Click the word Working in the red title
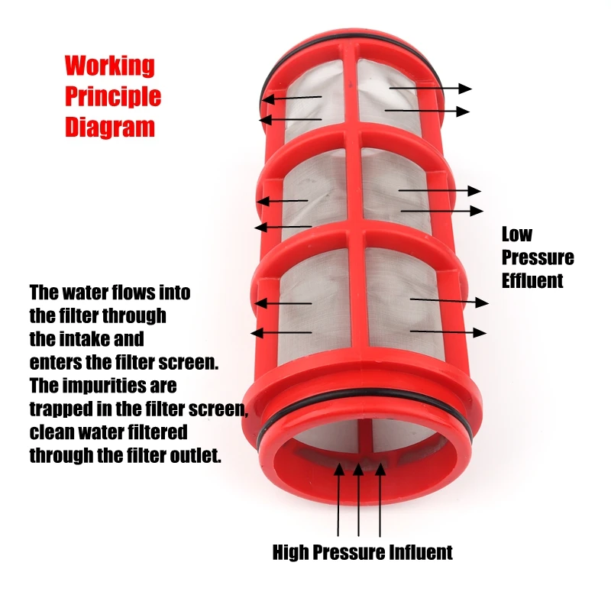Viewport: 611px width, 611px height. (109, 66)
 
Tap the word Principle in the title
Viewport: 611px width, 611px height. (112, 97)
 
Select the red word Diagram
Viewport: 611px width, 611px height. (109, 127)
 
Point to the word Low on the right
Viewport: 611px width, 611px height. (517, 234)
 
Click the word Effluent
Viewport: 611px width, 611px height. (532, 280)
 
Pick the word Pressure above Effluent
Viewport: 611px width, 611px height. (538, 257)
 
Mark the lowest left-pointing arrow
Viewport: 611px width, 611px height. (282, 332)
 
